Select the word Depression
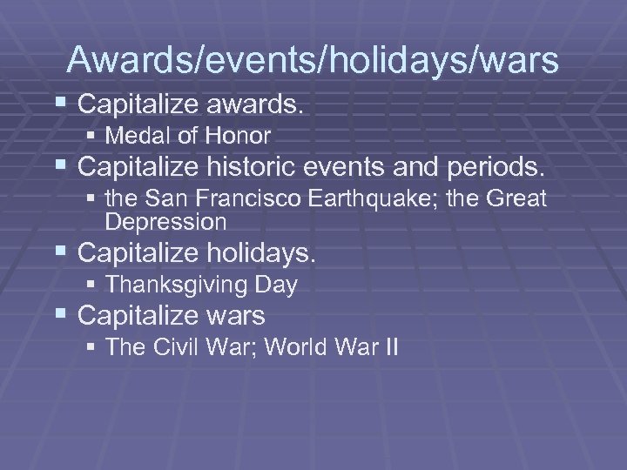point(165,222)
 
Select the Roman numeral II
point(389,347)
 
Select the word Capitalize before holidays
point(137,254)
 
